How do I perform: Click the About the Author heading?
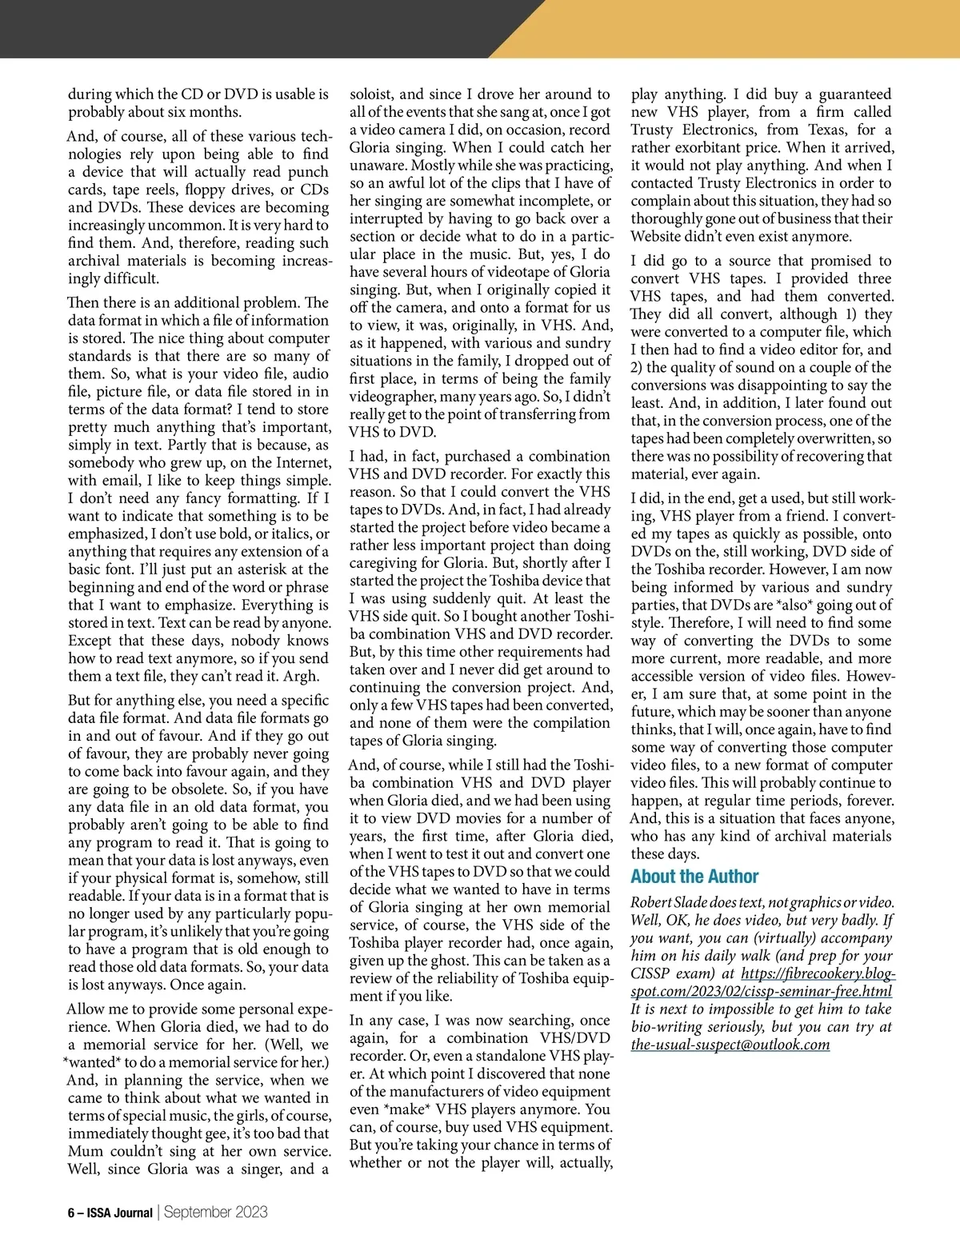click(694, 877)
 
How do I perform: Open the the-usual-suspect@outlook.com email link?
click(730, 1045)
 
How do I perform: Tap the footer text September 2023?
click(216, 1212)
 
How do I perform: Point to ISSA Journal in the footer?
click(119, 1213)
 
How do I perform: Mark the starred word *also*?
click(797, 605)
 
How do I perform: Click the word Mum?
click(85, 1152)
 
